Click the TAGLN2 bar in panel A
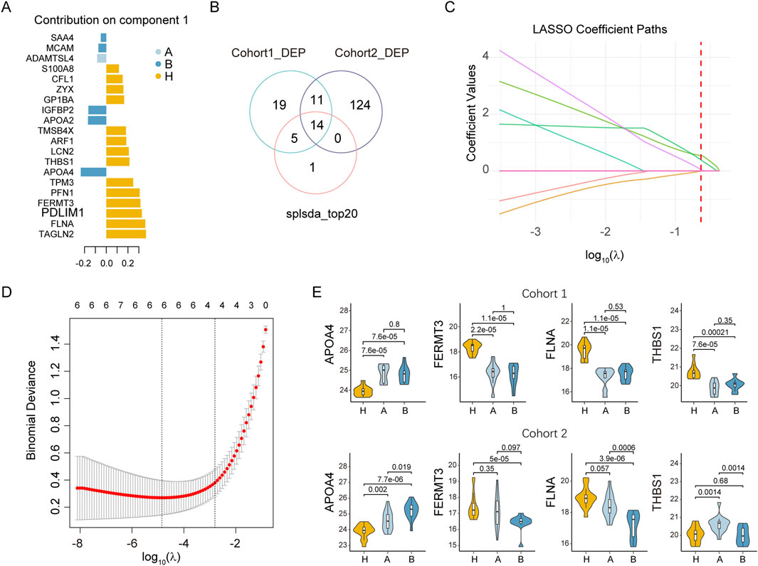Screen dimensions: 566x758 click(x=126, y=233)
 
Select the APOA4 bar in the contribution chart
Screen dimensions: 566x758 click(x=93, y=171)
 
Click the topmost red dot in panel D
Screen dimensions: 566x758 click(x=265, y=329)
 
